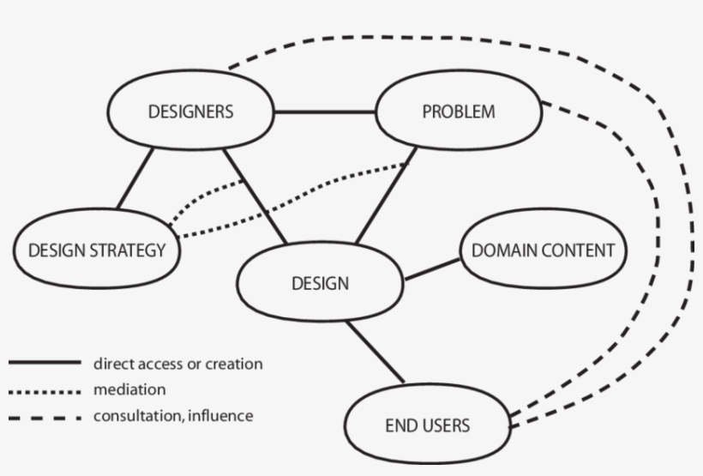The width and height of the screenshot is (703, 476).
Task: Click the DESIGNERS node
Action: tap(190, 111)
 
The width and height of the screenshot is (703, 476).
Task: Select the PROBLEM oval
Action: tap(459, 111)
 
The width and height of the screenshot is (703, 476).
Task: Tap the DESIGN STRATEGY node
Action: tap(96, 250)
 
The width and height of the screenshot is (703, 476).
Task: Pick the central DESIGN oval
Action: tap(320, 283)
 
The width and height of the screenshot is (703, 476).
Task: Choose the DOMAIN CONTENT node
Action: tap(543, 250)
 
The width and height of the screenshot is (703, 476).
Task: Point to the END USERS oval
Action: tap(427, 425)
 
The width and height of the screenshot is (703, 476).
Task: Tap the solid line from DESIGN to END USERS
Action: tap(375, 352)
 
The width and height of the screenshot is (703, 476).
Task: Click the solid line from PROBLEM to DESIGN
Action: tap(386, 195)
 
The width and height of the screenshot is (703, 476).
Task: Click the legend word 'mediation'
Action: tap(129, 390)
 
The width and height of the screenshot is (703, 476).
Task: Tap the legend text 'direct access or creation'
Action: tap(177, 364)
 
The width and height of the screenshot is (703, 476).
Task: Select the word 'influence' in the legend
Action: tap(221, 417)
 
